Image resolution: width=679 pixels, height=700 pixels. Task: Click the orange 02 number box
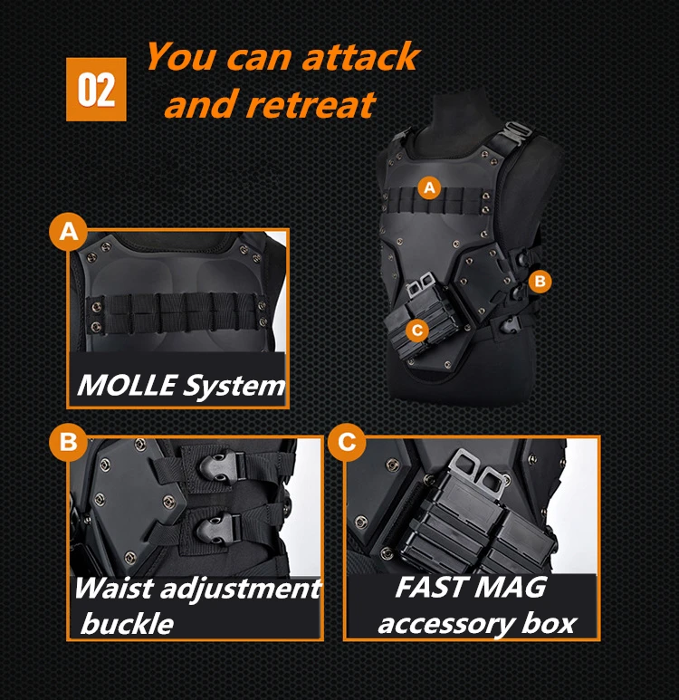pyautogui.click(x=96, y=90)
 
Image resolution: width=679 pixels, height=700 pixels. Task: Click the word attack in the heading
pyautogui.click(x=360, y=57)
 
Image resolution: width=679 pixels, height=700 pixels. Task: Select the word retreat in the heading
pyautogui.click(x=311, y=104)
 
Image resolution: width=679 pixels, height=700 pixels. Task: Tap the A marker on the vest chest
pyautogui.click(x=429, y=187)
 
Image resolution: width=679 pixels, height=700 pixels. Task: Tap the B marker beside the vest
pyautogui.click(x=540, y=282)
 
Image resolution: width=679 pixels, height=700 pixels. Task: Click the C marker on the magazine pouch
pyautogui.click(x=417, y=331)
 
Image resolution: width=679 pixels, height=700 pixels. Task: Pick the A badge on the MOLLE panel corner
pyautogui.click(x=68, y=232)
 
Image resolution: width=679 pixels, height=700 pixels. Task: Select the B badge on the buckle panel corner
pyautogui.click(x=68, y=442)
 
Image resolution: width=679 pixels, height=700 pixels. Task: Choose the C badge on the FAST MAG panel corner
pyautogui.click(x=347, y=442)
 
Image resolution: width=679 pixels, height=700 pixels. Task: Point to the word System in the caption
pyautogui.click(x=234, y=386)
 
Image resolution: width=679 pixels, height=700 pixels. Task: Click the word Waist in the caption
pyautogui.click(x=113, y=588)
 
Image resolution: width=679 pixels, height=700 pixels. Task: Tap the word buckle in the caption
pyautogui.click(x=127, y=623)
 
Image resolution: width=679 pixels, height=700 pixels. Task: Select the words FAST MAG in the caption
pyautogui.click(x=471, y=587)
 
